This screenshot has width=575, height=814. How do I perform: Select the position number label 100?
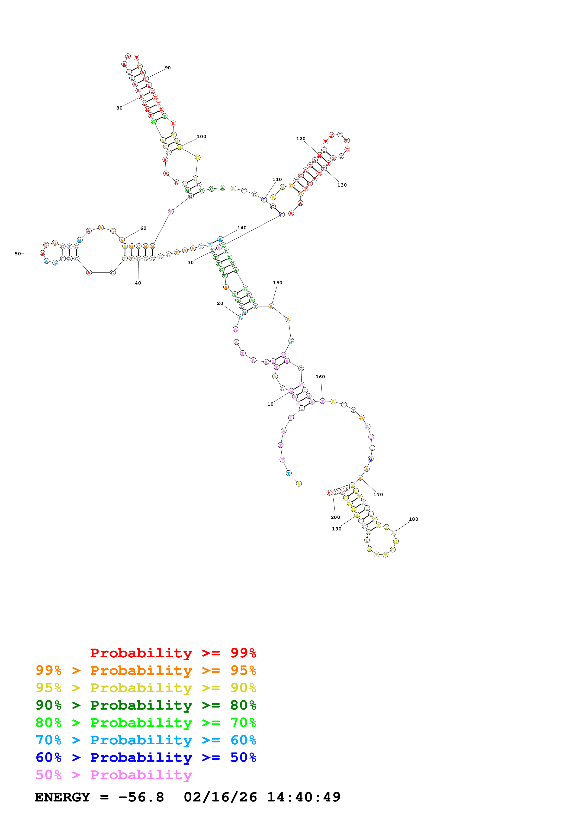[201, 136]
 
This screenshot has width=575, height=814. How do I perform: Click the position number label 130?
[342, 185]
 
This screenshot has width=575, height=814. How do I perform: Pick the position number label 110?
[277, 179]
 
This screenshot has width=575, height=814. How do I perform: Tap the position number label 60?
[143, 228]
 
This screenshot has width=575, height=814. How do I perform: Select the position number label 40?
[138, 283]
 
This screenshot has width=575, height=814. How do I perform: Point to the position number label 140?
[242, 228]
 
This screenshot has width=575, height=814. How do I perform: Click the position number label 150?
[277, 283]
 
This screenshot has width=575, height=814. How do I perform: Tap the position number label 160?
[320, 377]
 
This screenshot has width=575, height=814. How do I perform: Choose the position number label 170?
[378, 494]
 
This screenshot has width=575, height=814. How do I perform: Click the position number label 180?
[413, 519]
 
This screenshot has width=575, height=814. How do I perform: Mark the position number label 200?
[335, 517]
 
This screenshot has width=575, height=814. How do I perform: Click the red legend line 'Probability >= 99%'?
[173, 653]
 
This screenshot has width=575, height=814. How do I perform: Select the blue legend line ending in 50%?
[146, 757]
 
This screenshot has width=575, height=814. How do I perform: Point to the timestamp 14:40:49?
[304, 797]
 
